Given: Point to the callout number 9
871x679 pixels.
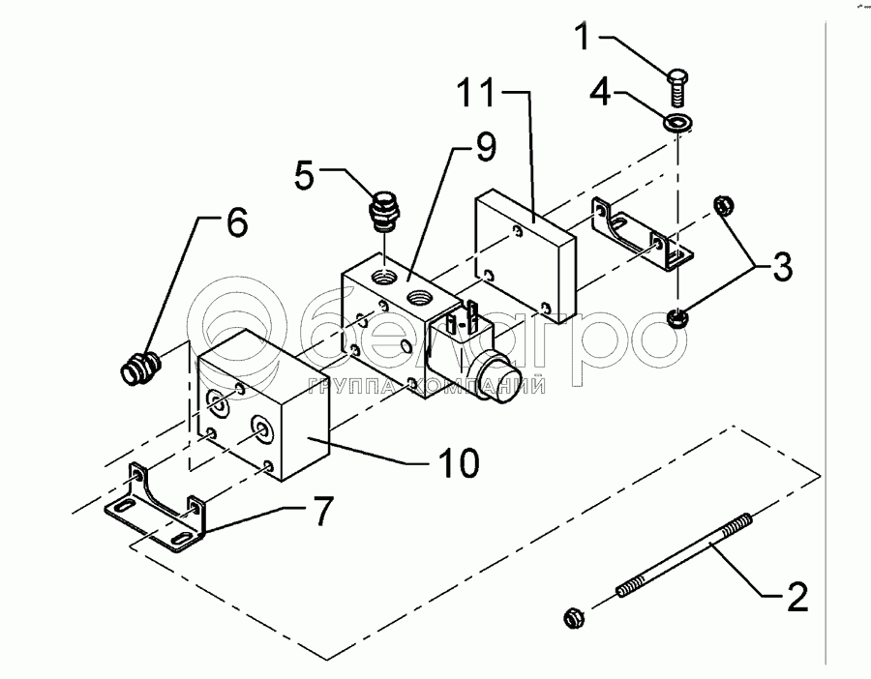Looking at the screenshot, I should coord(484,148).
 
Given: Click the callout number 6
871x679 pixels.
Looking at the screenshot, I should coord(235,223).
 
